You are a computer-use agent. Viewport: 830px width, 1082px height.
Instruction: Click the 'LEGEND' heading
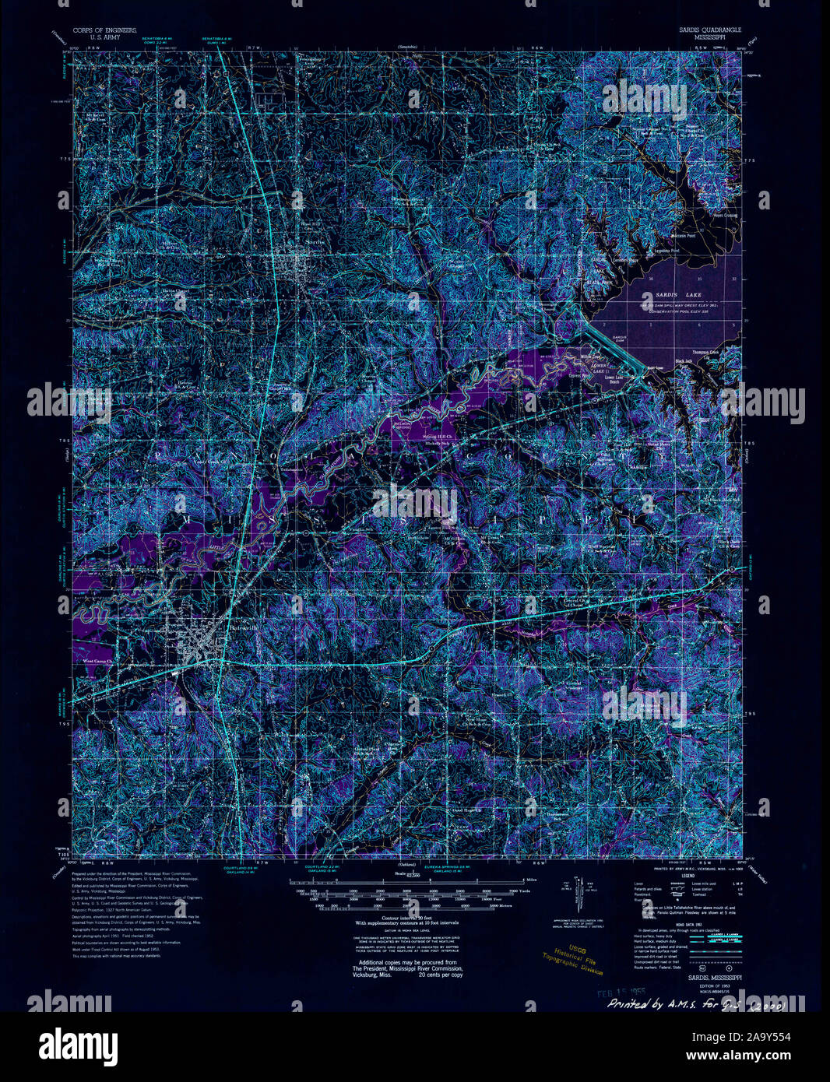[686, 876]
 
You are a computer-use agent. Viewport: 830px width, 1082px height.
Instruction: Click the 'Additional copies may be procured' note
[407, 962]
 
